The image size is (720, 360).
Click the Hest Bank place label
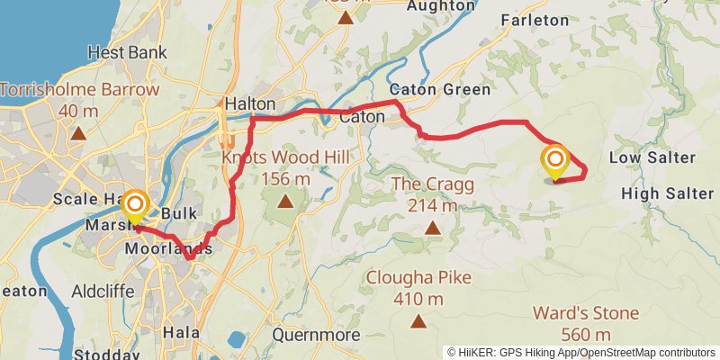[128, 53]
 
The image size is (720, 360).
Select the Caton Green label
[440, 90]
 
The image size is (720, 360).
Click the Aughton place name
[440, 5]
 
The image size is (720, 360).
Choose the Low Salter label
[652, 158]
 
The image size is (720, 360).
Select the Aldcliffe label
[103, 292]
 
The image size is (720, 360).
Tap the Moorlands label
[169, 248]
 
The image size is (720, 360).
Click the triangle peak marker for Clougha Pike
[418, 321]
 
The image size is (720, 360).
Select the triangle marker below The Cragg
[433, 228]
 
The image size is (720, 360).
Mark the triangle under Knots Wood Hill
[285, 201]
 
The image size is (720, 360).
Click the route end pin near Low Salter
[555, 163]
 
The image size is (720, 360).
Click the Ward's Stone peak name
[586, 314]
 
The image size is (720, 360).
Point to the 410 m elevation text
[417, 299]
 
